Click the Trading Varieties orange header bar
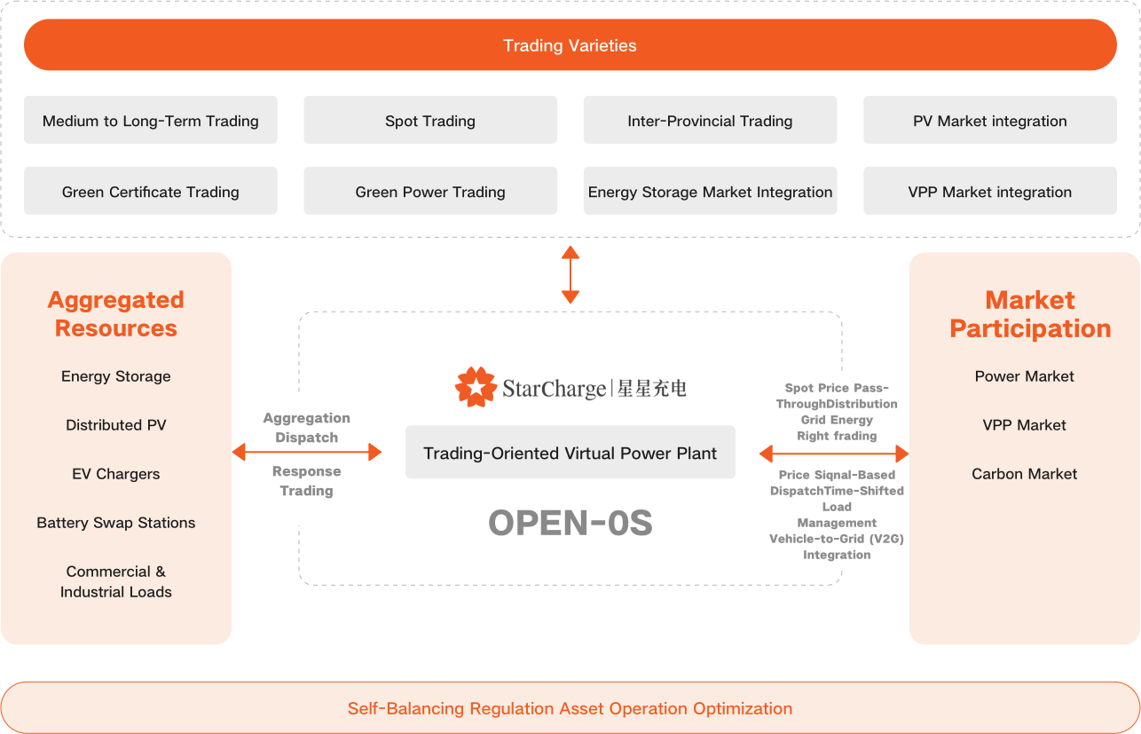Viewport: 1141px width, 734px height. click(x=570, y=45)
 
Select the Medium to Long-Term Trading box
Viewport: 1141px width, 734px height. click(x=151, y=121)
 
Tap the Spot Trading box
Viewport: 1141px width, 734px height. click(x=430, y=121)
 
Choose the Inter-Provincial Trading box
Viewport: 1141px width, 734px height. click(x=710, y=121)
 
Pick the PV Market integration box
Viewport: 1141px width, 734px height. click(x=989, y=121)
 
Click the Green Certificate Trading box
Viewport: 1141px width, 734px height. click(x=151, y=192)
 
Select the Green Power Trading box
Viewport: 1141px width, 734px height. click(x=430, y=192)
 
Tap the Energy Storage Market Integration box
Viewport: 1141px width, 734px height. click(x=710, y=192)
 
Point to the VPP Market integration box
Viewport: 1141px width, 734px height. click(x=989, y=192)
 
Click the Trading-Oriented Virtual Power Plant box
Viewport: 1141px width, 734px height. click(x=570, y=454)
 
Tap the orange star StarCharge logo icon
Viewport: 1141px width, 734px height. click(x=476, y=387)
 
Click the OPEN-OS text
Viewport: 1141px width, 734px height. click(x=570, y=524)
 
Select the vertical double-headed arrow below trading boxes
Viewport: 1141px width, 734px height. click(x=570, y=275)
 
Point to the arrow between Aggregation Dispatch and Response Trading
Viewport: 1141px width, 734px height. click(x=306, y=454)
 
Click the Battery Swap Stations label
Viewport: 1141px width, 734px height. click(x=116, y=523)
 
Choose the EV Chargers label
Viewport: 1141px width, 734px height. click(x=116, y=474)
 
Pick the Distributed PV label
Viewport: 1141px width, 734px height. click(x=116, y=425)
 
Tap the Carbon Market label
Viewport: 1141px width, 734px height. click(x=1024, y=474)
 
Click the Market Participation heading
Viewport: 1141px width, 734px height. click(x=1030, y=314)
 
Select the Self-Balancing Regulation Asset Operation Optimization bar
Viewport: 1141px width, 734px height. click(x=570, y=708)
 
